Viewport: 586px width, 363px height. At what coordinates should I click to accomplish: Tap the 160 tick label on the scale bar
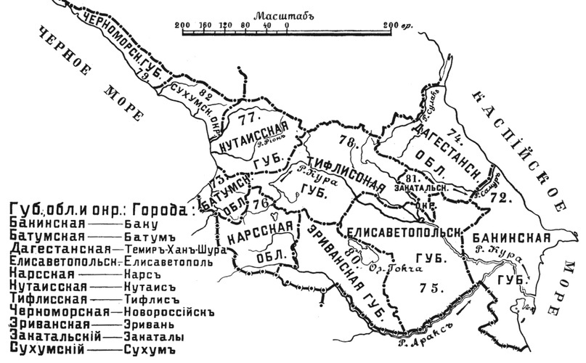[x=204, y=24]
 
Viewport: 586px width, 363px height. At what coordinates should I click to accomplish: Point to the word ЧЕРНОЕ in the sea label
[x=58, y=57]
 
